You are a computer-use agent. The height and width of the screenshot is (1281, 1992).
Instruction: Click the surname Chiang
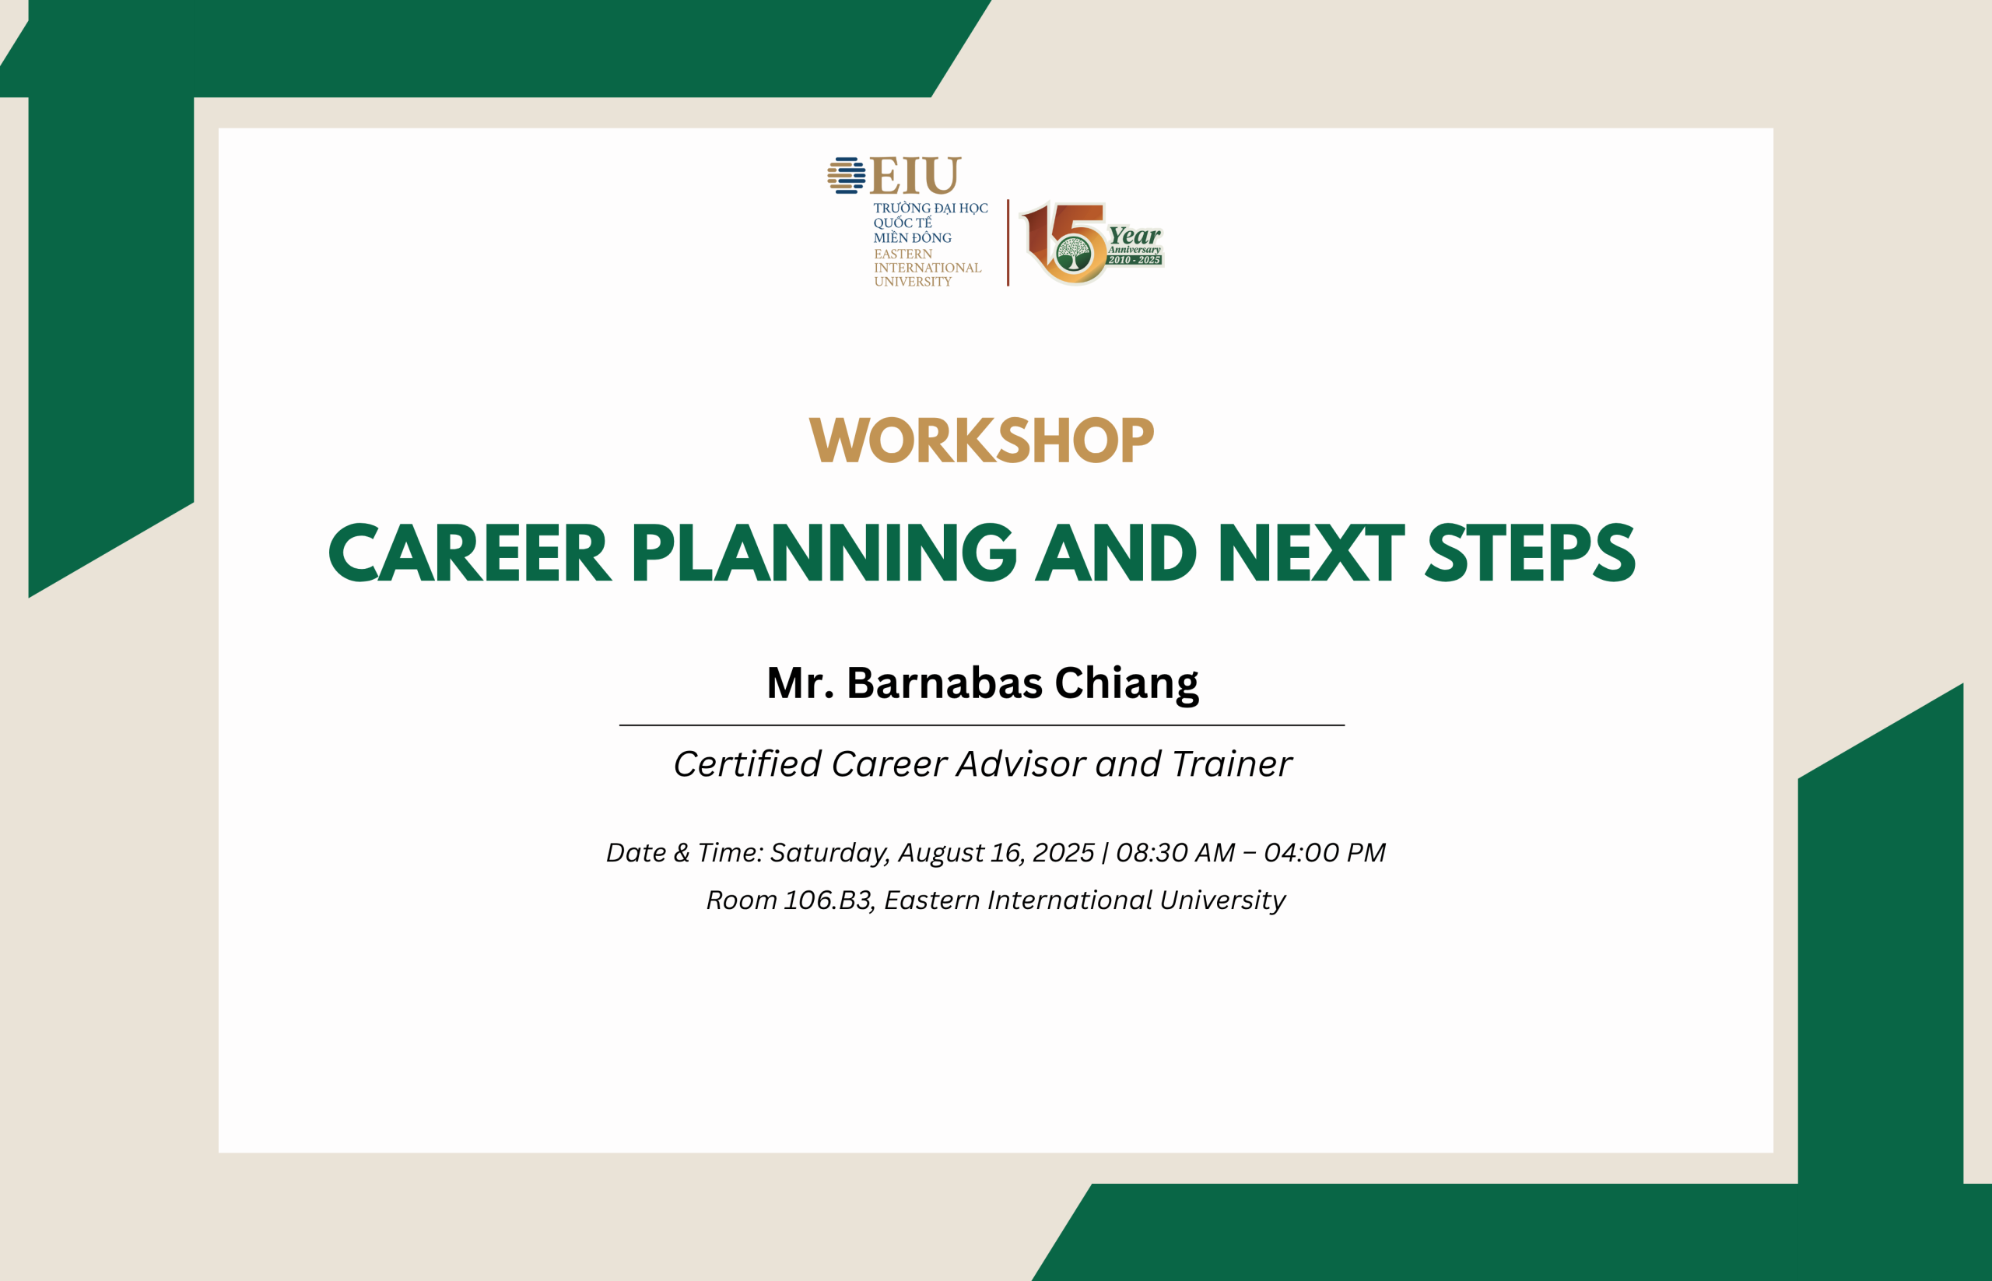point(1127,685)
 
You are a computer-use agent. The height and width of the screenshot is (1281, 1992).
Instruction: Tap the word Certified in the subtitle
point(748,763)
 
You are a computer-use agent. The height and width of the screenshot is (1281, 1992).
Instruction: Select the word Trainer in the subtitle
point(1232,763)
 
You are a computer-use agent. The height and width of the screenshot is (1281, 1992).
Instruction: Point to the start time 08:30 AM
point(1175,853)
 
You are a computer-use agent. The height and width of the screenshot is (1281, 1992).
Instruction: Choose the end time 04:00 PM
point(1325,853)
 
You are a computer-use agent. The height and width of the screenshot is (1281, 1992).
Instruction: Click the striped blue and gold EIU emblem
point(846,176)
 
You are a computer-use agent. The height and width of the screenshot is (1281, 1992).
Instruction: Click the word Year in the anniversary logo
point(1135,237)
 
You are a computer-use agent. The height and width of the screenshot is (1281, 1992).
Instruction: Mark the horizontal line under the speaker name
point(981,725)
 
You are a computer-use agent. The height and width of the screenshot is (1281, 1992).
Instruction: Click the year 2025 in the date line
point(1063,853)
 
